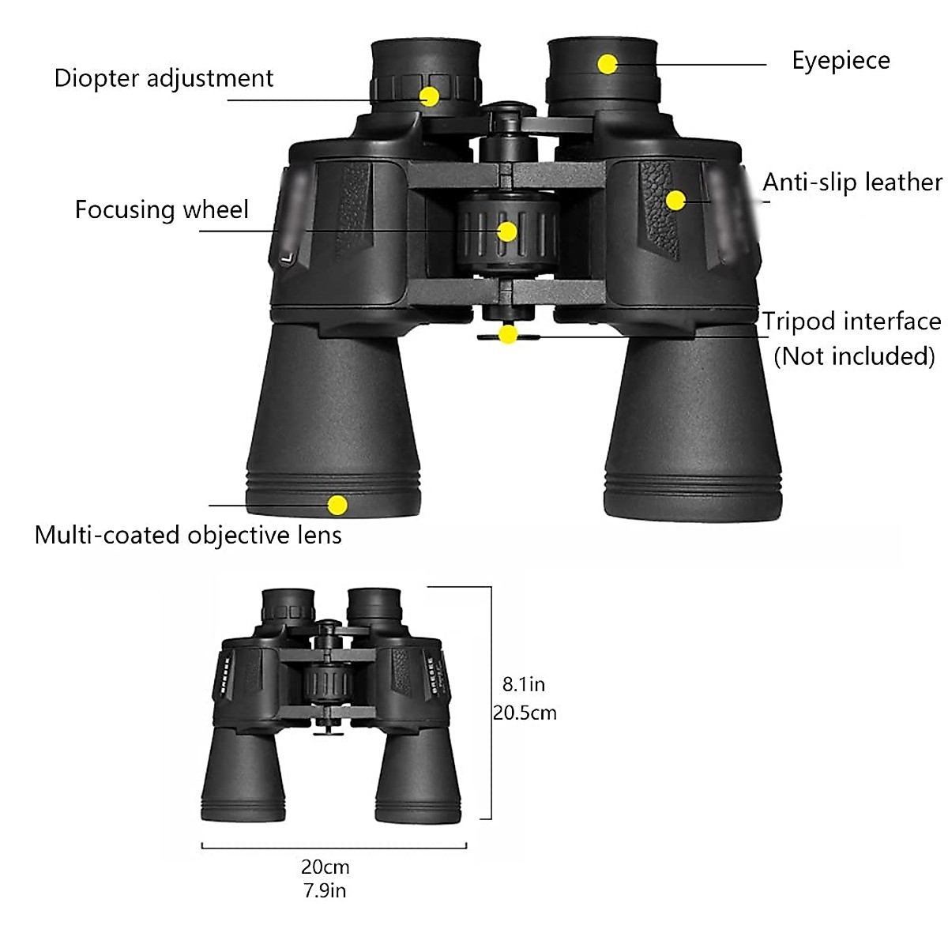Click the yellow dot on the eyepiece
pos(608,64)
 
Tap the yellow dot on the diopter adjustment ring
pos(429,96)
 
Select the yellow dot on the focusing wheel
pos(507,231)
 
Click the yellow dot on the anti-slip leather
pos(675,200)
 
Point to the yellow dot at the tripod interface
pos(508,335)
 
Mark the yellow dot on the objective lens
pos(337,505)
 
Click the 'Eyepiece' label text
pos(841,61)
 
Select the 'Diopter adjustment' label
pos(164,78)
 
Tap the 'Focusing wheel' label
pos(161,209)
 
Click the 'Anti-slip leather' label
pos(852,182)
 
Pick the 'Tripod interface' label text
pos(852,322)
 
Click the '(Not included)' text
pos(854,356)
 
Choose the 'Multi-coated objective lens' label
pos(188,535)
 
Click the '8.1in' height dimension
pos(524,683)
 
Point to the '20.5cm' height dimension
pos(525,713)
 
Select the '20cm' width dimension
pos(325,867)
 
